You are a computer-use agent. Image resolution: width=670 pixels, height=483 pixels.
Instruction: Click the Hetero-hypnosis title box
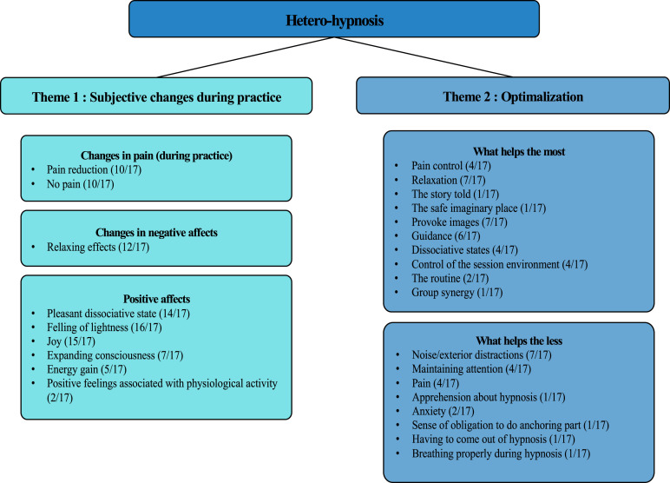(334, 19)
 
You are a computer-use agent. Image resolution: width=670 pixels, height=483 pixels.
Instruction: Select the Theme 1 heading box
(156, 96)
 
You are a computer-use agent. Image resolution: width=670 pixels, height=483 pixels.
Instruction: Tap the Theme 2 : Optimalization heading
(513, 96)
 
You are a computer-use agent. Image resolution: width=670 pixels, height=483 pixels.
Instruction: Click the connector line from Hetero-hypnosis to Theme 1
(246, 57)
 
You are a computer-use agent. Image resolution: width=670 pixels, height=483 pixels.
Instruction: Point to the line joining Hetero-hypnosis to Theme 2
(423, 56)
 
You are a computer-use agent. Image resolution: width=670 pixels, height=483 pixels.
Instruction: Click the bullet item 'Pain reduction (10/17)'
(94, 170)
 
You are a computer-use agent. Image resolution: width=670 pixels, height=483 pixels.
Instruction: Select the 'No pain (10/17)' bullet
(81, 184)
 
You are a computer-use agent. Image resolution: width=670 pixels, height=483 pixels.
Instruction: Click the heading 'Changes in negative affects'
(156, 233)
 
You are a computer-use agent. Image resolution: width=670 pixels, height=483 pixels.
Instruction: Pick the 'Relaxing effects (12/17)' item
(98, 248)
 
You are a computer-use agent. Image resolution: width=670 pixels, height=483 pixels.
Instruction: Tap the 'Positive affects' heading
(156, 299)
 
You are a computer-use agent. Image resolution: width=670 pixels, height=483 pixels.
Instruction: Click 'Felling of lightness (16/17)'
(104, 328)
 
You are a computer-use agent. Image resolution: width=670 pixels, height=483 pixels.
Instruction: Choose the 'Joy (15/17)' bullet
(71, 341)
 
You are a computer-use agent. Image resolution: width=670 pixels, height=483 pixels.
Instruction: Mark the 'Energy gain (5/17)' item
(87, 369)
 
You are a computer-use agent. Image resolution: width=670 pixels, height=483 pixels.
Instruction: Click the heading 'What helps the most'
(519, 152)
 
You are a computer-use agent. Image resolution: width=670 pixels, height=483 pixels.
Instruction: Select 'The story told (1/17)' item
(455, 195)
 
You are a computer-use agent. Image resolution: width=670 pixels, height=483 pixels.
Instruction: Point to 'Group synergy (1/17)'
(457, 293)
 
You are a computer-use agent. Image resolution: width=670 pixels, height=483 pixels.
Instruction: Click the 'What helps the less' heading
(519, 341)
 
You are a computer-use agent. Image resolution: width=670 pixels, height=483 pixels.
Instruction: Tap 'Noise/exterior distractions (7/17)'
(482, 355)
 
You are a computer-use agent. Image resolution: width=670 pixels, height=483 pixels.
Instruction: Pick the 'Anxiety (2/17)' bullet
(443, 412)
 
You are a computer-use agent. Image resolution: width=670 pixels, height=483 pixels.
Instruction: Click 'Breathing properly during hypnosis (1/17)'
(501, 454)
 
